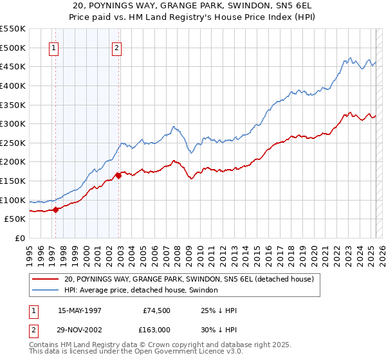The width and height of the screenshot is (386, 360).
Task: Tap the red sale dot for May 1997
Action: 56,209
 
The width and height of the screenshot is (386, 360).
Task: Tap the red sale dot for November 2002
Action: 119,175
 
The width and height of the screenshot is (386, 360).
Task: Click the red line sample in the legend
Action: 46,280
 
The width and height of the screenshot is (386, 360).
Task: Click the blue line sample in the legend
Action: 46,291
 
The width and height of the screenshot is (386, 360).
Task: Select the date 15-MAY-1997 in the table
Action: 81,310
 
